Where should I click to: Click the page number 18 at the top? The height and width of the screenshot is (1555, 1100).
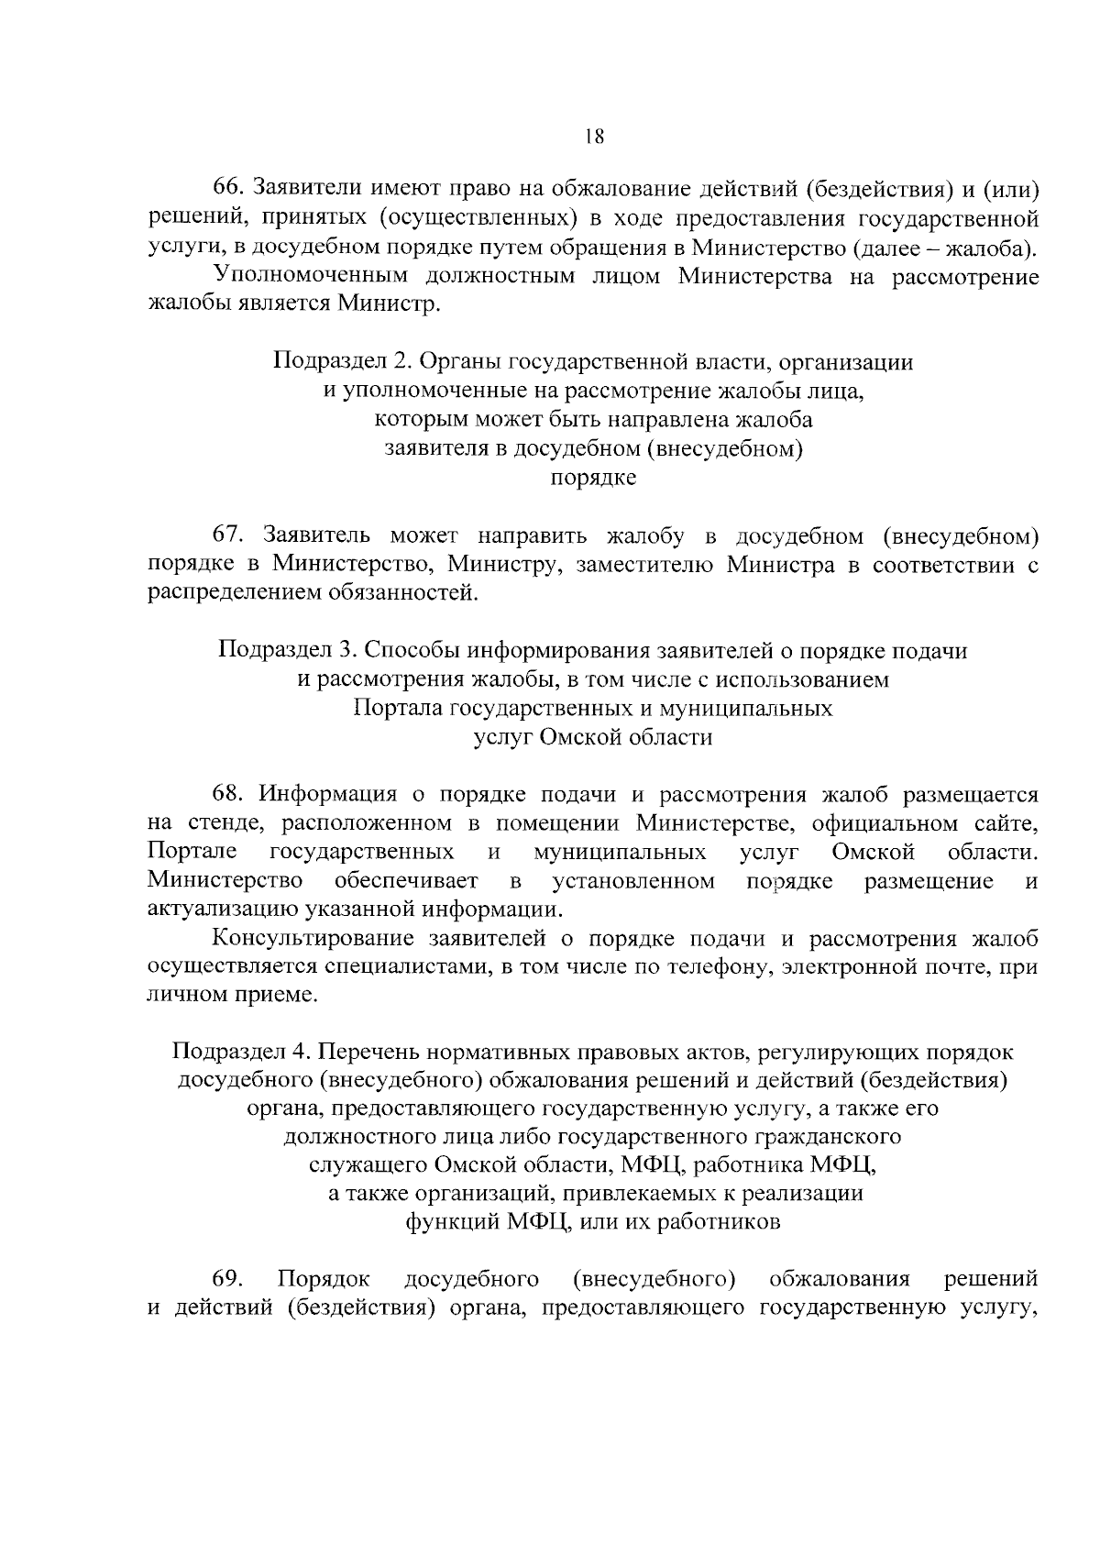tap(593, 137)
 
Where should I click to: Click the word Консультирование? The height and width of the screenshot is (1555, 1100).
tap(313, 939)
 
